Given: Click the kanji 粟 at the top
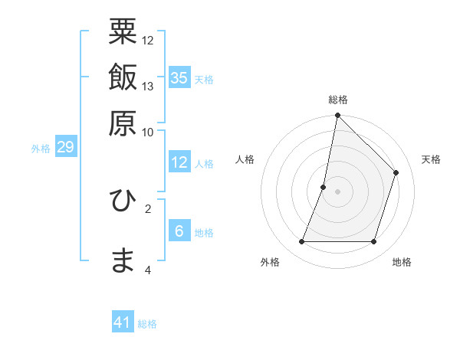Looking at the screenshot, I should click(123, 31).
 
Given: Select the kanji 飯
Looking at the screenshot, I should click(123, 77).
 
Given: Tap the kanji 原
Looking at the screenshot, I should click(123, 123).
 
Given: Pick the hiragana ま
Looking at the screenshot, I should click(123, 260).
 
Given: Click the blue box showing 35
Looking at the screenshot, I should click(179, 77).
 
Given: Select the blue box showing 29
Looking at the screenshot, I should click(65, 146).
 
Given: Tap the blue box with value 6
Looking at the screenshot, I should click(179, 231).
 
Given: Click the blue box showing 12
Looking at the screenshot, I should click(179, 162).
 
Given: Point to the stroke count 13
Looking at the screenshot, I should click(148, 86).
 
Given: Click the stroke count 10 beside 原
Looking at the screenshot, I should click(148, 132).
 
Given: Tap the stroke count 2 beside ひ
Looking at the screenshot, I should click(148, 208).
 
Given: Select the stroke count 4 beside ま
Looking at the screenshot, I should click(148, 270).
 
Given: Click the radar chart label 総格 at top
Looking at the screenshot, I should click(338, 100).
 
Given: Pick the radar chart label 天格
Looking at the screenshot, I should click(431, 159).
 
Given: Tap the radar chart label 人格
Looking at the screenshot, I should click(245, 159).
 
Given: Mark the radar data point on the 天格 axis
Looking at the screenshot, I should click(396, 172).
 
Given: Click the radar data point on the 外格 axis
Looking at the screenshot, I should click(301, 242).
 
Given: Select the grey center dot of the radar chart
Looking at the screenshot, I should click(337, 191).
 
